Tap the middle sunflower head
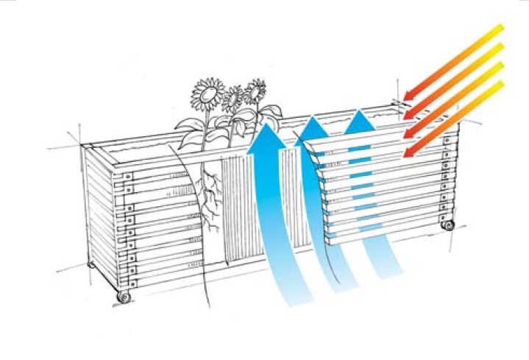pyautogui.click(x=233, y=97)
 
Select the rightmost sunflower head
pyautogui.click(x=255, y=91)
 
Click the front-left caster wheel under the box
pyautogui.click(x=124, y=297)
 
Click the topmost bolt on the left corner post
pyautogui.click(x=129, y=177)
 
